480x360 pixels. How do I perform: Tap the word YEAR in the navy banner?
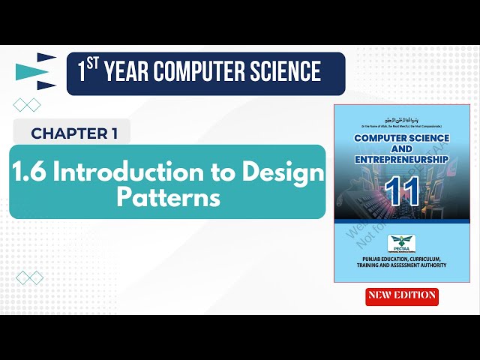tap(132, 73)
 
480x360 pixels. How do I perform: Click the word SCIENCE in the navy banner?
tap(288, 73)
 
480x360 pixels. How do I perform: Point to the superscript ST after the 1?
tap(94, 64)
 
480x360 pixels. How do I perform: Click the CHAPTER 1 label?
tap(73, 133)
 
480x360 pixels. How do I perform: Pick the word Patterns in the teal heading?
tap(168, 198)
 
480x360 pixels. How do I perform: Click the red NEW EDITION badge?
tap(402, 295)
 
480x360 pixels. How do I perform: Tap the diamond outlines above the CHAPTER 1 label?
tap(27, 105)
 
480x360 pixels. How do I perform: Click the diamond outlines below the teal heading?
tap(29, 278)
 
